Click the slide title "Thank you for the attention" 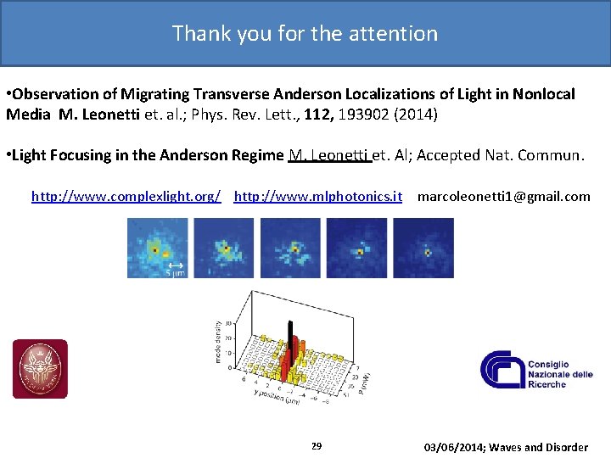coord(305,33)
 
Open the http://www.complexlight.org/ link coord(126,197)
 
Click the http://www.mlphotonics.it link coord(317,197)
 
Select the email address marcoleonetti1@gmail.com coord(503,197)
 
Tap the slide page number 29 coord(317,446)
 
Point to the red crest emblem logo coord(40,369)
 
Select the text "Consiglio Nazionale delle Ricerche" coord(560,368)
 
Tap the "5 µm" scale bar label coord(175,272)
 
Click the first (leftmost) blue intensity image coord(158,248)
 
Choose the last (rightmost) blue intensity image coord(423,248)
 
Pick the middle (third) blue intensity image coord(290,248)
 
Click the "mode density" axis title coord(219,342)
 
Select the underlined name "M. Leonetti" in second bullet coord(329,155)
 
